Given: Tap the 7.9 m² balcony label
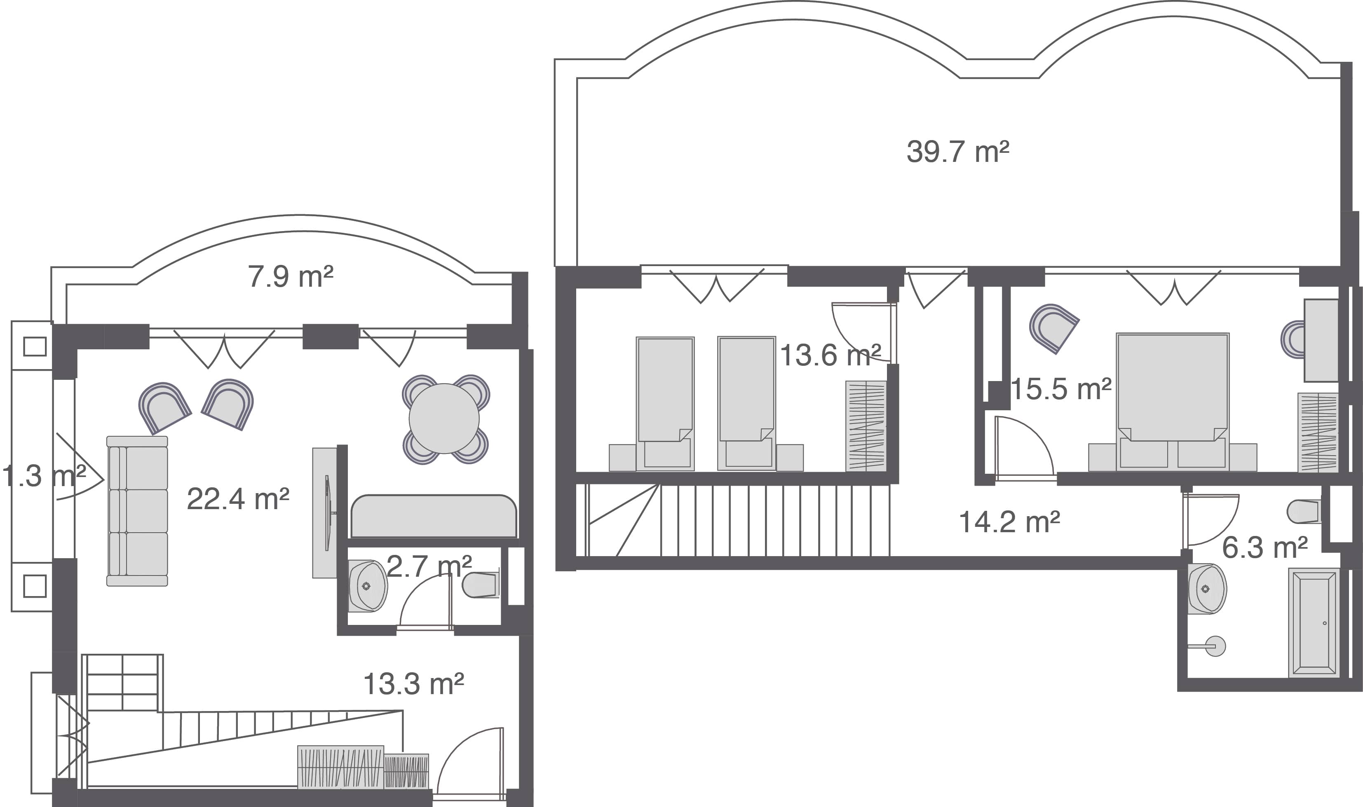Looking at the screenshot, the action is (291, 276).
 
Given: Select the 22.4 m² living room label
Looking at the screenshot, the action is (238, 499).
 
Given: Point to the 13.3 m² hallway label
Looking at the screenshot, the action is (413, 684).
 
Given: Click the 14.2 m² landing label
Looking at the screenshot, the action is (1009, 522).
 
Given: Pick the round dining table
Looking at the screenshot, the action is (444, 419).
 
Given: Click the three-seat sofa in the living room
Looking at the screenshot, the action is (137, 511).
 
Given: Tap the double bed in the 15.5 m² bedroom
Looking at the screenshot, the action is (1173, 402).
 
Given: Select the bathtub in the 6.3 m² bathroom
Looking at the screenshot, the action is (1314, 623).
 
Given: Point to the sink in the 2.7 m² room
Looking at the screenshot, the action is (368, 586).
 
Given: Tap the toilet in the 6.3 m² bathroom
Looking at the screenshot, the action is (1304, 512).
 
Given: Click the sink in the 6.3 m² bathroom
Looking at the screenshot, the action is (1207, 589).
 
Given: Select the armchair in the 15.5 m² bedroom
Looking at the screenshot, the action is (1053, 328).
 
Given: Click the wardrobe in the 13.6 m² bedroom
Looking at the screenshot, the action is (866, 426).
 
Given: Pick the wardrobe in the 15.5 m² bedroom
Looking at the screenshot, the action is (1317, 432).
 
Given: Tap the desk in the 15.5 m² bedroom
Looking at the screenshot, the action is (1321, 340).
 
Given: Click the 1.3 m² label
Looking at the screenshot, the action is (44, 476).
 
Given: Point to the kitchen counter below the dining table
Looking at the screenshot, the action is (434, 516).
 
